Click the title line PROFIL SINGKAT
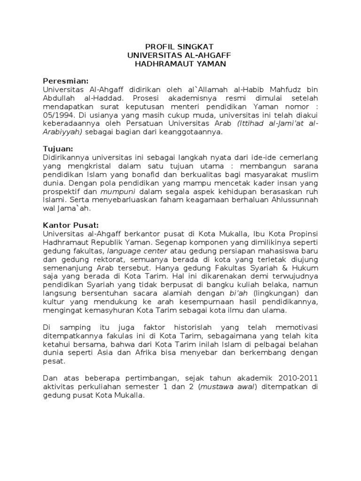tap(180, 47)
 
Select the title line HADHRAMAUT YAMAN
tap(180, 64)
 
